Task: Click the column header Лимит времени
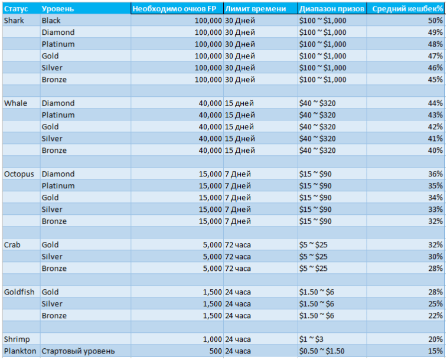point(255,9)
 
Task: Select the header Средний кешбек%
point(407,9)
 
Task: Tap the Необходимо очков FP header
point(174,9)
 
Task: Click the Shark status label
point(14,21)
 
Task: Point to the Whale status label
point(15,103)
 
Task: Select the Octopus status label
point(19,174)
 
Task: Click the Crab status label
point(12,245)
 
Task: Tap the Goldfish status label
point(19,292)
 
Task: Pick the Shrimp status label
point(17,339)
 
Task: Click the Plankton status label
point(20,351)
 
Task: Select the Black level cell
point(51,21)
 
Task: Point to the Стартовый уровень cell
point(78,351)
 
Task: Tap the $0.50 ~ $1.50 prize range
point(322,351)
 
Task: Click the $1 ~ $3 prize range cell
point(311,339)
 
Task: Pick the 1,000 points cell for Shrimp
point(213,339)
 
